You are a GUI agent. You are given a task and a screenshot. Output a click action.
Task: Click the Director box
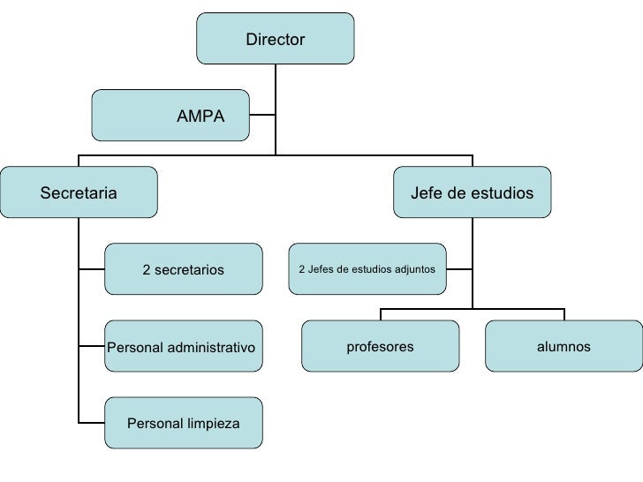point(275,39)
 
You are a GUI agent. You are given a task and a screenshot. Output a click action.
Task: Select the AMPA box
point(170,115)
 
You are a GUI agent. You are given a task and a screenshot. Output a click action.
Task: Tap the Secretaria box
point(79,192)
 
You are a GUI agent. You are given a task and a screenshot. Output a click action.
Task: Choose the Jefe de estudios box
point(472,192)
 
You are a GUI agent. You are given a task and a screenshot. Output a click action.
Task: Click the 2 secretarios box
point(184,269)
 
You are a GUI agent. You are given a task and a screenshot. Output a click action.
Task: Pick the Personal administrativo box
point(184,347)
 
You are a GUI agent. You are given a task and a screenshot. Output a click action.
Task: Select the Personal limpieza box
point(184,424)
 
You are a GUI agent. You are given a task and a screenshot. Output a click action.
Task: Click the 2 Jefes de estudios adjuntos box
point(367,268)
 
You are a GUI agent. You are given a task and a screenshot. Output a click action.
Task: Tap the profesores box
point(380,346)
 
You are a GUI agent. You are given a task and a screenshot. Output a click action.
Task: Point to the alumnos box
point(564,346)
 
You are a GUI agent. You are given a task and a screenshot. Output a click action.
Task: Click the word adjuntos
point(414,268)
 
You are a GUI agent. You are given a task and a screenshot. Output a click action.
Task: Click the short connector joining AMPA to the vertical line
point(263,115)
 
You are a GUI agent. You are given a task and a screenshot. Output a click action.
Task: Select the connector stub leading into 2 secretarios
point(91,269)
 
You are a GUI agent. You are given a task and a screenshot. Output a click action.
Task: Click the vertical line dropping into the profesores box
point(381,313)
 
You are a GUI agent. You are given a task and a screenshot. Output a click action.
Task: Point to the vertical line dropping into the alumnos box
point(564,313)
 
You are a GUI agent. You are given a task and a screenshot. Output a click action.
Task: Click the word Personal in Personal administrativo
point(132,348)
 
